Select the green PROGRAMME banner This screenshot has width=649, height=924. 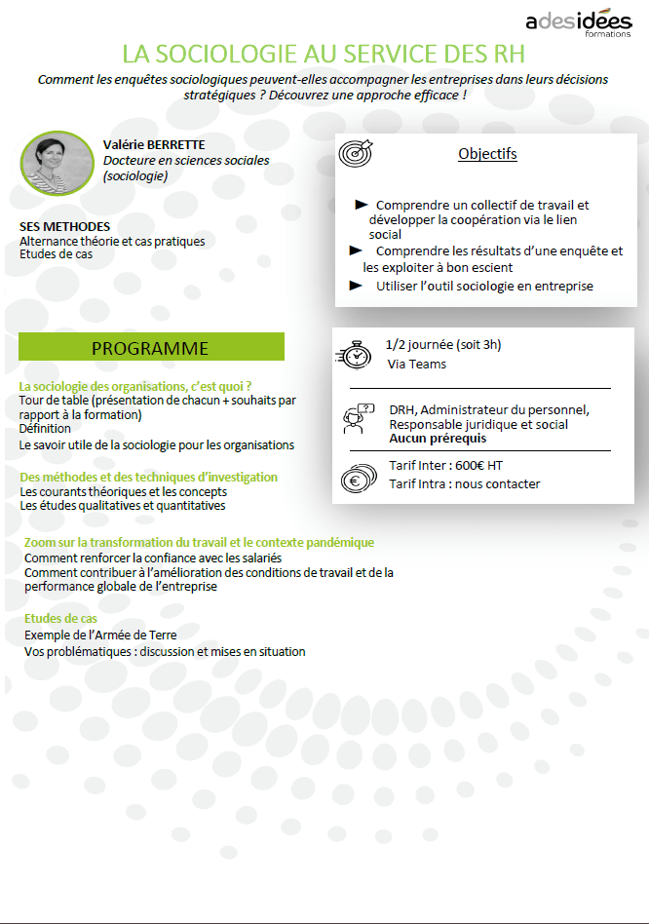point(151,348)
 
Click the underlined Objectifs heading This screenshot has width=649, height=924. point(487,154)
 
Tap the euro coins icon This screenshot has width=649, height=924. point(357,478)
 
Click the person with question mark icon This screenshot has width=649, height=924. point(357,417)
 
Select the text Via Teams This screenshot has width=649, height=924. point(416,365)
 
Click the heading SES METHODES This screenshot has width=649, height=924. point(64,227)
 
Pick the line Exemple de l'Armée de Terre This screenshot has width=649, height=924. point(101,635)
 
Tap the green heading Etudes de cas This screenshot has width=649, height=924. point(60,619)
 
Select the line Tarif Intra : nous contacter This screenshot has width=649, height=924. point(464,484)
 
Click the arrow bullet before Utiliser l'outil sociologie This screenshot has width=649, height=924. point(355,286)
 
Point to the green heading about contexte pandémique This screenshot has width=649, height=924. point(199,542)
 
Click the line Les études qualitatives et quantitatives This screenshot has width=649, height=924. point(123,506)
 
